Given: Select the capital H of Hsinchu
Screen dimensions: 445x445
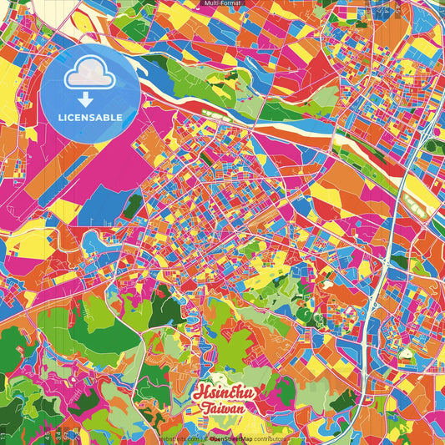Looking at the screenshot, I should tap(199, 392).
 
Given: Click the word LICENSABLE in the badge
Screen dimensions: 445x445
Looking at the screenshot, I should tap(90, 116).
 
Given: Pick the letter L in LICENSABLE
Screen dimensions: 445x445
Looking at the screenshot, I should tap(61, 116).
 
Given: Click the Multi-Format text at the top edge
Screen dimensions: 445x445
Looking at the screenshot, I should tap(222, 4).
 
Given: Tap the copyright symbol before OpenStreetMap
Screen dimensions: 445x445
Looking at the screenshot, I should tap(205, 437).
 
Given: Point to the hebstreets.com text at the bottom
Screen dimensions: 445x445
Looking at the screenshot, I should tap(176, 437).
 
